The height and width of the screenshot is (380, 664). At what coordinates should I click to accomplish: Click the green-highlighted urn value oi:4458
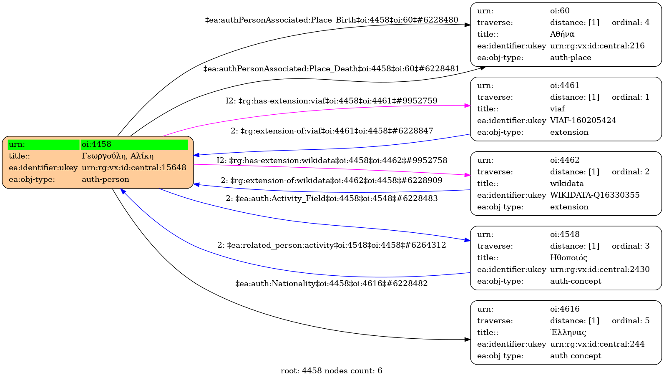pos(96,144)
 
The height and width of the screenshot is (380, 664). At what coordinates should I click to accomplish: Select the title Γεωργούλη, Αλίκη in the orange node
pos(118,156)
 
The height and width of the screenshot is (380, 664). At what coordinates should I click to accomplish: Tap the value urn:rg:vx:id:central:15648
pos(134,168)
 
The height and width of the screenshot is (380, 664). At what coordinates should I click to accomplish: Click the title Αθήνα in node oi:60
pos(562,34)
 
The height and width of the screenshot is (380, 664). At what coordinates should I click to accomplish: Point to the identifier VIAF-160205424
pos(583,121)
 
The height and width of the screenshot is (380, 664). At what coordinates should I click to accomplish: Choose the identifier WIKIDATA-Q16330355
pos(594,195)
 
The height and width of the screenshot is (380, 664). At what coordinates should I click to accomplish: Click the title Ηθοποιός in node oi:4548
pos(568,258)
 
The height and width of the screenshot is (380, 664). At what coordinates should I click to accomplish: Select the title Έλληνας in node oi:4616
pos(568,332)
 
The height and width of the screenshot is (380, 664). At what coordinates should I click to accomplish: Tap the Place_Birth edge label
pos(332,20)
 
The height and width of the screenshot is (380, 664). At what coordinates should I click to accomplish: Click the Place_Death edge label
pos(332,69)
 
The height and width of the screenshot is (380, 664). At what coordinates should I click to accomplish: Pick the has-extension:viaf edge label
pos(332,101)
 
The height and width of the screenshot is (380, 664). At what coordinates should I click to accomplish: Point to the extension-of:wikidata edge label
pos(332,181)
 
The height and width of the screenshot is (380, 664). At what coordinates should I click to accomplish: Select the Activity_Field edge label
pos(332,199)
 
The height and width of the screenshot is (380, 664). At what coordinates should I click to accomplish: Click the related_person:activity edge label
pos(332,245)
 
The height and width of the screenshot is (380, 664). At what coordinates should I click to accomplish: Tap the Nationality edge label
pos(332,284)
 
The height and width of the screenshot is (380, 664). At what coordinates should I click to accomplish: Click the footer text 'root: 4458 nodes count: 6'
pos(332,371)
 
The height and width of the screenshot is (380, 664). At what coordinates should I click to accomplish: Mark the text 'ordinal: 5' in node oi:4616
pos(630,321)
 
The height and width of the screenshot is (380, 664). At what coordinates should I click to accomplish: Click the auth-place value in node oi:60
pos(570,58)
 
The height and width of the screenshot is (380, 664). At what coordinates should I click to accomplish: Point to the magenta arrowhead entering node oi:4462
pos(468,175)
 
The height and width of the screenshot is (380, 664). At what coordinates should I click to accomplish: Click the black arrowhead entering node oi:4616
pos(468,340)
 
